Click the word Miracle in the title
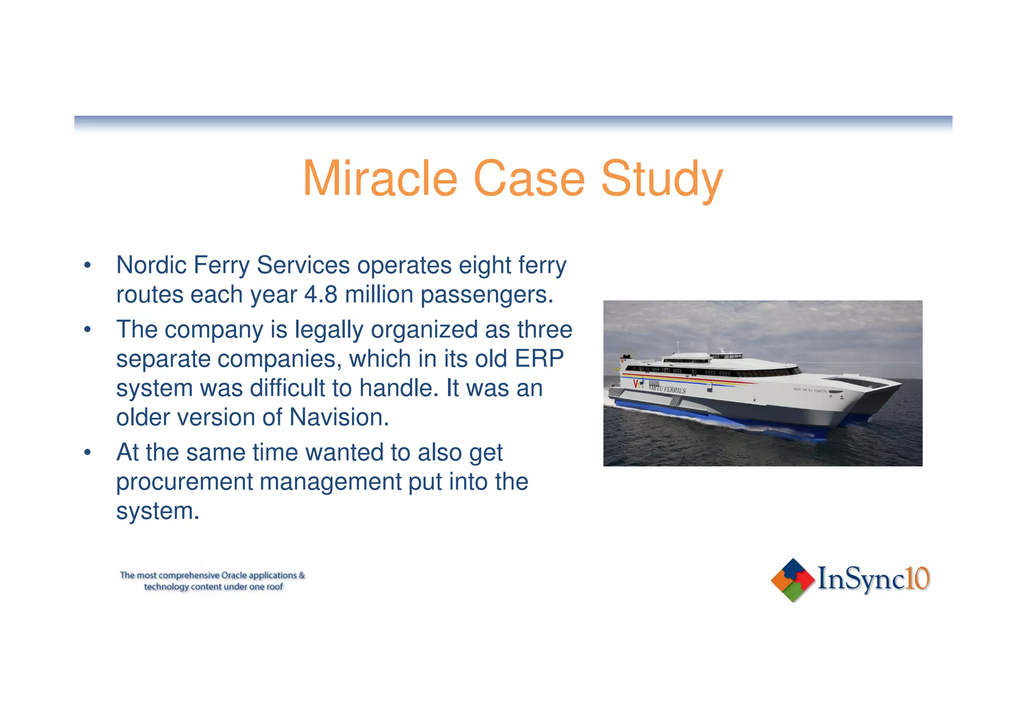(x=380, y=179)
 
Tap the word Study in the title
(x=662, y=179)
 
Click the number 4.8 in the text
(x=320, y=295)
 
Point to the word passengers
(x=486, y=295)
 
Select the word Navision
(x=339, y=417)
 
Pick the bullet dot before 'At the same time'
(x=88, y=452)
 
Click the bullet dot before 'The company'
(x=88, y=330)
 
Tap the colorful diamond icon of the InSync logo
(x=792, y=580)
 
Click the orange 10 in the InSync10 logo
(x=918, y=579)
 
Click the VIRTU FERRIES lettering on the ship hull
(x=667, y=388)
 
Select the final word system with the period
(x=157, y=511)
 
